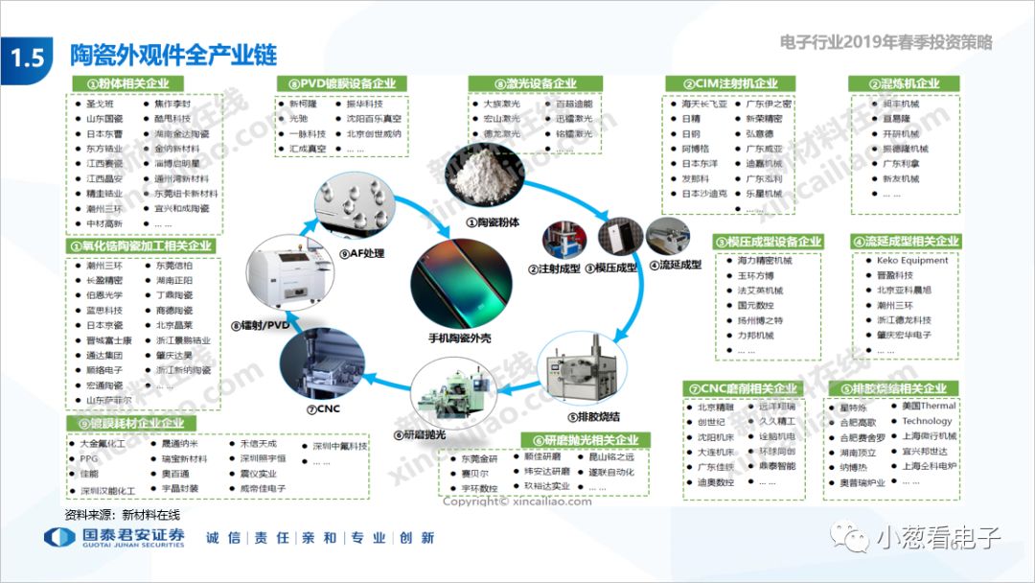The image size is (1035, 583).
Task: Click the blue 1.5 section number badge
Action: (27, 57)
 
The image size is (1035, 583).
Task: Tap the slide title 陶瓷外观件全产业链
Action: (173, 56)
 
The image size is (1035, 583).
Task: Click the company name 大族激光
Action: (499, 103)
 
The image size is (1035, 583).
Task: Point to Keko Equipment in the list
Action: (912, 260)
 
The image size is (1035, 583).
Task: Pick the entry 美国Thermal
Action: (929, 407)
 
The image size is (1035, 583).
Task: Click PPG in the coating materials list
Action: (89, 458)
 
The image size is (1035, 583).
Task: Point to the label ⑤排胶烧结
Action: (597, 417)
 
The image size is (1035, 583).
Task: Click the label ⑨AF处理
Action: (359, 253)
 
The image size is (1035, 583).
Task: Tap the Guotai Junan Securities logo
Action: (115, 537)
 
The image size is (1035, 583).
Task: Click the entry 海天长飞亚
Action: (704, 104)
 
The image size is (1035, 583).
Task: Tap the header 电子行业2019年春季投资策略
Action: (886, 42)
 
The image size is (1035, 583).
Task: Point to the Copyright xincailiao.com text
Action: (517, 501)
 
